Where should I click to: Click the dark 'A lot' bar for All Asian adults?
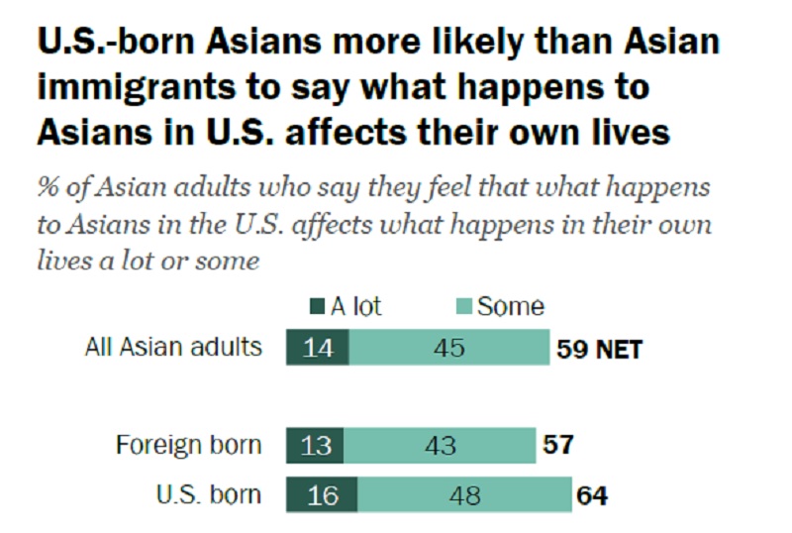317,347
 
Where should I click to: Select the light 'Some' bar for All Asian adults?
449,347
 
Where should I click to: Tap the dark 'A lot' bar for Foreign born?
315,445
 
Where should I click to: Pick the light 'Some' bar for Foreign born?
440,445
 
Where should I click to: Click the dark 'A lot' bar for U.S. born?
322,494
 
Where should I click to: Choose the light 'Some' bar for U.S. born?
464,494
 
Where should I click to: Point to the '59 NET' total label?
599,349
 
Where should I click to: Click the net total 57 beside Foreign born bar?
558,445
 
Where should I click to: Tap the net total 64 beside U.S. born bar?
592,495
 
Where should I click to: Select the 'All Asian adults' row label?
173,347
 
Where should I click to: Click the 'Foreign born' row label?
188,445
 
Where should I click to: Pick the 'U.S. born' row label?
209,494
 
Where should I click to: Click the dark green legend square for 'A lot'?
317,306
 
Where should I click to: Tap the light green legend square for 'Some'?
463,306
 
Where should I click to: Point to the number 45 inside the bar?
449,348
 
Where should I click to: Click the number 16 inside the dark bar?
323,495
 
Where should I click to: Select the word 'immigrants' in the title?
137,88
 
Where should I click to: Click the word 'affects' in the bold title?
346,133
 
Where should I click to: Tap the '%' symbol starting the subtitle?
48,187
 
